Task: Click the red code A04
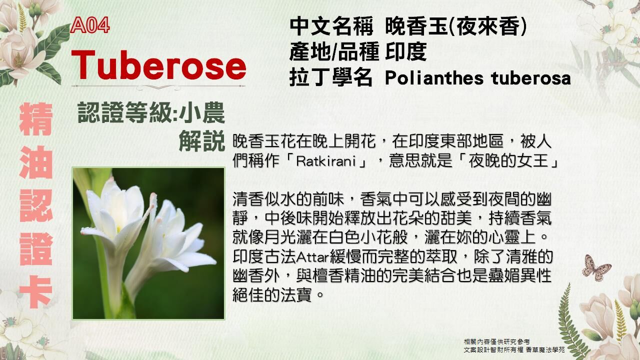pyautogui.click(x=90, y=26)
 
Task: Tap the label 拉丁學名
pyautogui.click(x=331, y=78)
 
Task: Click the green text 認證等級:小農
pyautogui.click(x=151, y=114)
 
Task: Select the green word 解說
pyautogui.click(x=202, y=142)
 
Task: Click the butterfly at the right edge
pyautogui.click(x=596, y=267)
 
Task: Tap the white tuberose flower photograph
pyautogui.click(x=148, y=243)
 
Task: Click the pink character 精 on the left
pyautogui.click(x=36, y=120)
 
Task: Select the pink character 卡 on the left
pyautogui.click(x=36, y=292)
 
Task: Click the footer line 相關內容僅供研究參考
pyautogui.click(x=496, y=341)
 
